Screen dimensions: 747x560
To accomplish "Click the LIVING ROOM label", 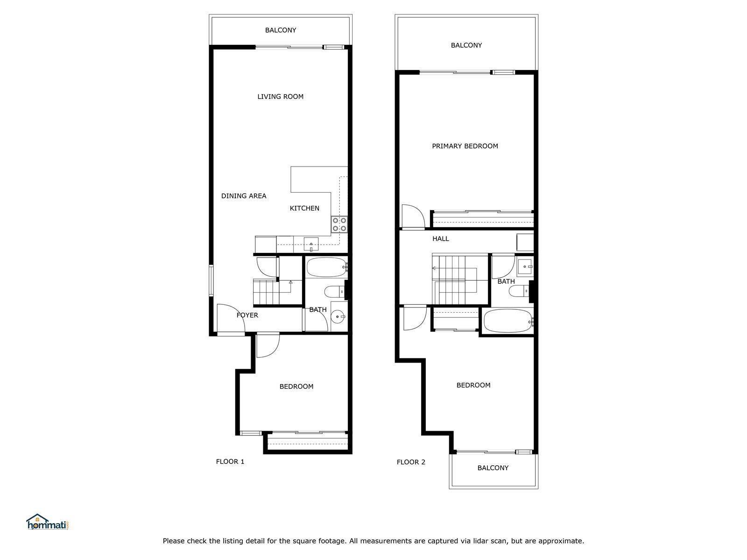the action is (x=281, y=97).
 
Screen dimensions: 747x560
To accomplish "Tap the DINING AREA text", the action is (x=244, y=196).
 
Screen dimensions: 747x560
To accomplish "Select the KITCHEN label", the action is (x=304, y=208).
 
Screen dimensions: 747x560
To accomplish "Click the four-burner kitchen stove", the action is (x=339, y=224).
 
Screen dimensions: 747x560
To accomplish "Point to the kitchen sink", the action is (x=311, y=244).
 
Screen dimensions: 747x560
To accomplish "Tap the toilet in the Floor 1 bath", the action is (x=335, y=291).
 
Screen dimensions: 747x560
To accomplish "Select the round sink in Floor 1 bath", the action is (x=338, y=316).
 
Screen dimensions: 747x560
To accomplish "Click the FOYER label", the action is (x=247, y=315).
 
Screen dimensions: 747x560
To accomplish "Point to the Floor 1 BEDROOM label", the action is (x=296, y=386).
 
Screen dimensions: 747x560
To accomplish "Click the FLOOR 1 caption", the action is (x=230, y=462).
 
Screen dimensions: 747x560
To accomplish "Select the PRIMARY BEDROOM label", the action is (x=465, y=146).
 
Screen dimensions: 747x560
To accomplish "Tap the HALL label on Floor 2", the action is (x=441, y=238).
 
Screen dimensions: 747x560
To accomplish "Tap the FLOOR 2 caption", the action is (x=411, y=462).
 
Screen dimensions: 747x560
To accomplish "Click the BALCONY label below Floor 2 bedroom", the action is (x=493, y=468).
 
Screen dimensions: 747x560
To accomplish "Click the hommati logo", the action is (x=49, y=522).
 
